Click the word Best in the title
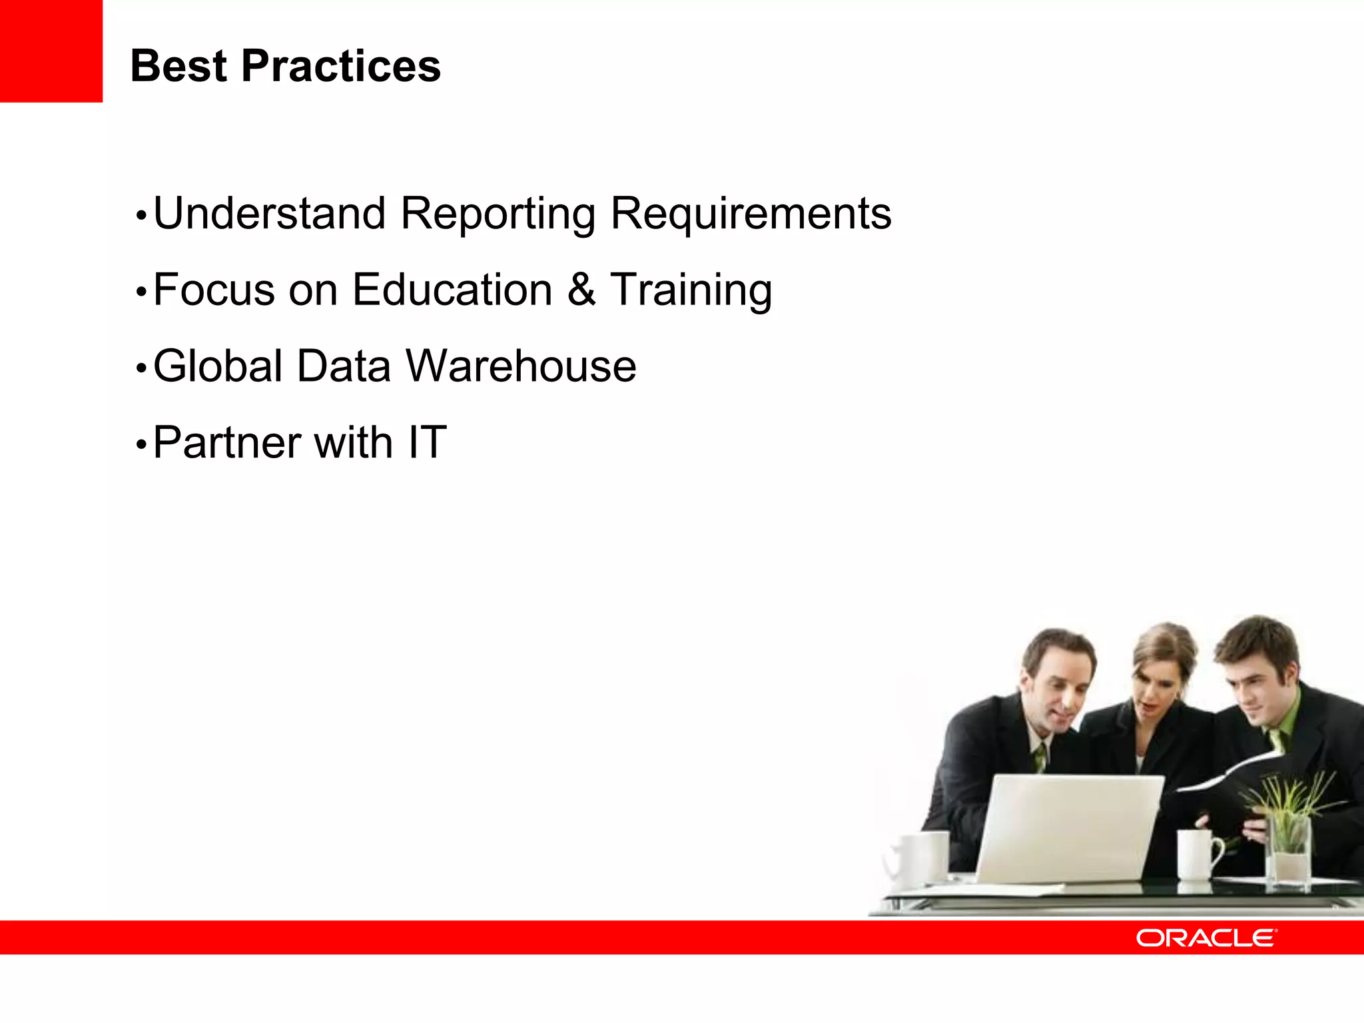178,67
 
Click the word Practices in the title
340,67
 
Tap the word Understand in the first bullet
270,214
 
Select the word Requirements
751,215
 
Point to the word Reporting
498,215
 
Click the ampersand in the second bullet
581,290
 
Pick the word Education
452,290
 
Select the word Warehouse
521,366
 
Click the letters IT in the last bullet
427,442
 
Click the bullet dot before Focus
141,292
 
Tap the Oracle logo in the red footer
1206,938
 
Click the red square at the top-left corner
51,51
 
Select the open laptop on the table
1066,829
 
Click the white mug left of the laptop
922,859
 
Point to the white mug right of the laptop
1197,855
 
